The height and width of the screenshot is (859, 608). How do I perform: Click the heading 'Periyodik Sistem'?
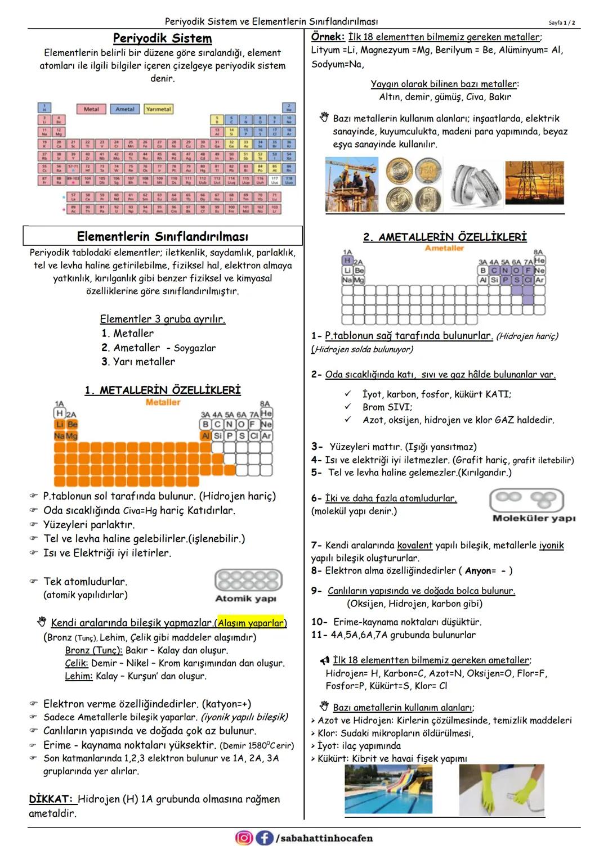pos(162,38)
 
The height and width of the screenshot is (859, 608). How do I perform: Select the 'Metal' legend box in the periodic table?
pos(91,109)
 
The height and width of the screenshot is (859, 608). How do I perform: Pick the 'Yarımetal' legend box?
pos(158,109)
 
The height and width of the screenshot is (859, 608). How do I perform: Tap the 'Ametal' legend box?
pos(125,109)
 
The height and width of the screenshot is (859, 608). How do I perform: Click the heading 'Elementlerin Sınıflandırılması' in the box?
pos(162,236)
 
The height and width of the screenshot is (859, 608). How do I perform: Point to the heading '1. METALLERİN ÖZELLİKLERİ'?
pos(162,390)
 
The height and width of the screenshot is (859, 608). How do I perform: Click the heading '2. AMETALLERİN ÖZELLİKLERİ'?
pos(445,237)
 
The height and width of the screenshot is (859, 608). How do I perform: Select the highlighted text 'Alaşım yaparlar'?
pos(251,623)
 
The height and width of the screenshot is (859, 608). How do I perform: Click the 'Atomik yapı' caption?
pos(245,599)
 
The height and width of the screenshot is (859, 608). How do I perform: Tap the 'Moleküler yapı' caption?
pos(534,518)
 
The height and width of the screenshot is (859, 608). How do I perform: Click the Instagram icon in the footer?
pos(244,838)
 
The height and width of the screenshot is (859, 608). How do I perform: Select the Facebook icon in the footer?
pos(264,838)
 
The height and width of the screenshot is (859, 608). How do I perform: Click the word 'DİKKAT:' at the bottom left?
pos(51,799)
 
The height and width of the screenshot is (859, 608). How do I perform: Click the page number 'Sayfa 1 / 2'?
pos(561,23)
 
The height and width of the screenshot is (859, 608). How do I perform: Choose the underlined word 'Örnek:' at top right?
pos(328,37)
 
